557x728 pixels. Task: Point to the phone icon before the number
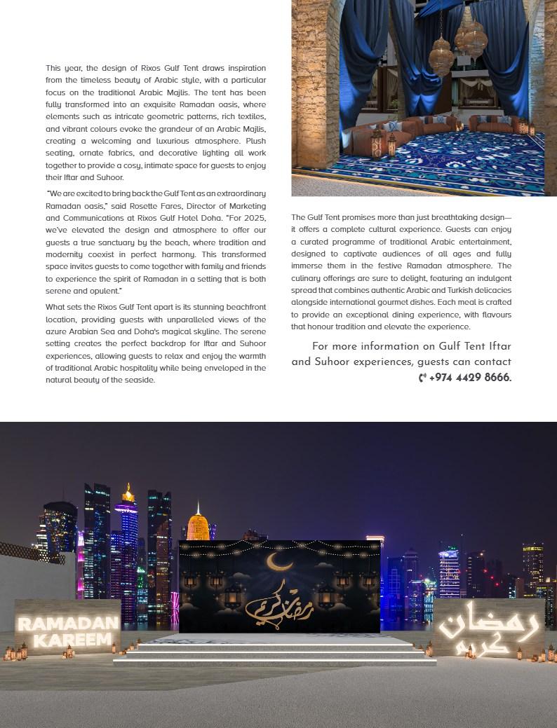pyautogui.click(x=422, y=378)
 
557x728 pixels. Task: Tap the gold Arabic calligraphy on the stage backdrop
pyautogui.click(x=281, y=601)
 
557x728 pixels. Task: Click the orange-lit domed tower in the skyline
pyautogui.click(x=199, y=525)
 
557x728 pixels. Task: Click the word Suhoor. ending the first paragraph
pyautogui.click(x=110, y=178)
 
